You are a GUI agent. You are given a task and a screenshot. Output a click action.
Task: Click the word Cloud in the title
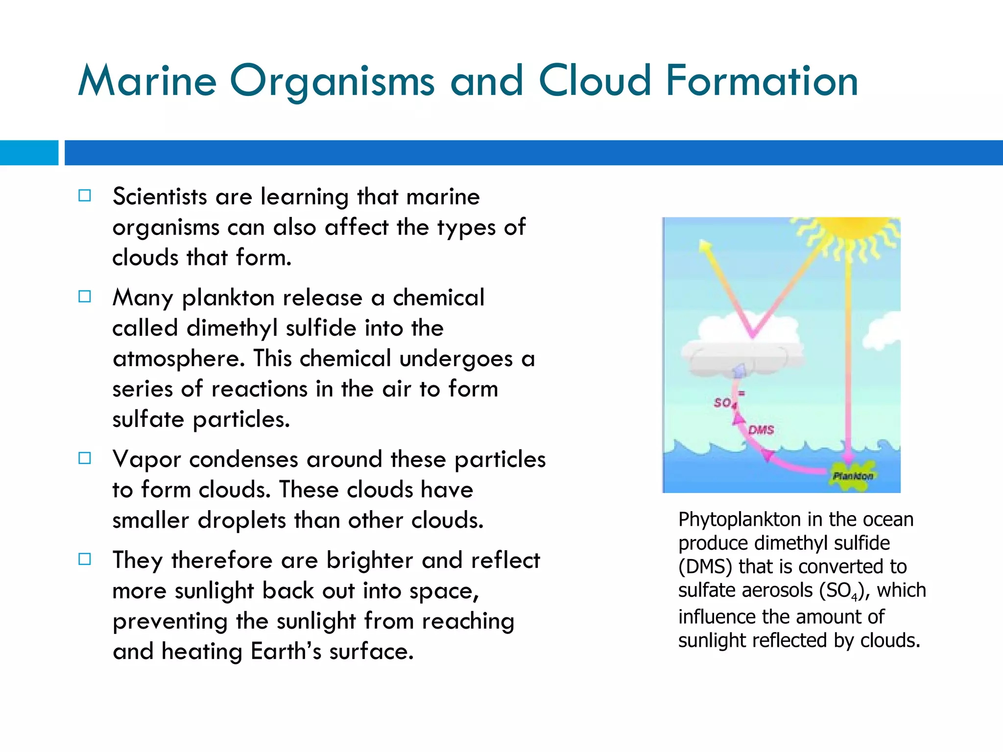pyautogui.click(x=595, y=81)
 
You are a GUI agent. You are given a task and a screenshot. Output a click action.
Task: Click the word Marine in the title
pyautogui.click(x=147, y=81)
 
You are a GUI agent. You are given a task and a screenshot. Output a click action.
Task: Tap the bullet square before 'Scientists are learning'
pyautogui.click(x=85, y=196)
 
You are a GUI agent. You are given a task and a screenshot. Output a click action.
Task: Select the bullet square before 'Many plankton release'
pyautogui.click(x=85, y=297)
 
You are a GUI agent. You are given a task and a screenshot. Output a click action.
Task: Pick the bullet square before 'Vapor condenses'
pyautogui.click(x=85, y=458)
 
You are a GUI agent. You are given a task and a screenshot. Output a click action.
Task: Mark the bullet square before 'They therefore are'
pyautogui.click(x=85, y=559)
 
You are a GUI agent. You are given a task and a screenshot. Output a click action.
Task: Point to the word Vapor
pyautogui.click(x=146, y=459)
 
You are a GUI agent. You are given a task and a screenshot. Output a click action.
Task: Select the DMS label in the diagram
pyautogui.click(x=761, y=430)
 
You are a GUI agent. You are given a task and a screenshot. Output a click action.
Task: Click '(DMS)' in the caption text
pyautogui.click(x=705, y=567)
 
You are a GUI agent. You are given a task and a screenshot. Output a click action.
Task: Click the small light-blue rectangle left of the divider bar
pyautogui.click(x=29, y=153)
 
